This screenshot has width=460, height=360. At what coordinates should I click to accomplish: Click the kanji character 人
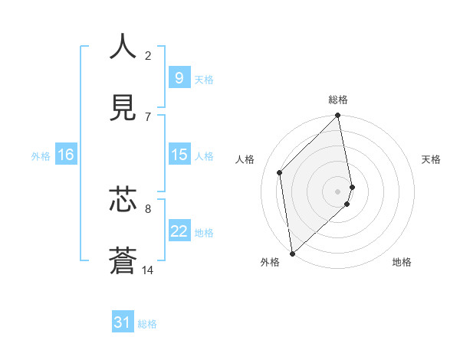coord(123,47)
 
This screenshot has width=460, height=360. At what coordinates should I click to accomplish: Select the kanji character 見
coord(123,108)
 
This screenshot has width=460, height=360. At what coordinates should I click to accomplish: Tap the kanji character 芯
coord(123,199)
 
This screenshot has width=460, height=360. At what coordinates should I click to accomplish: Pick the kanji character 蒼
coord(123,260)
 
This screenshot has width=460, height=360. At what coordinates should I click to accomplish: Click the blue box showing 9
coord(179,77)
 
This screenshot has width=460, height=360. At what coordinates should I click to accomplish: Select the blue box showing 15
coord(179,155)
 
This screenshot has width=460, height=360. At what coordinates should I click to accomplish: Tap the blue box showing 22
coord(179,231)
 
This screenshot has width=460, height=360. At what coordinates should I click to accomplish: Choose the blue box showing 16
coord(66,155)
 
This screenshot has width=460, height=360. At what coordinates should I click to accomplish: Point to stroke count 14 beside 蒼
coord(148,270)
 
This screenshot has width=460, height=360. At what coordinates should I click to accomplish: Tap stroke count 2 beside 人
coord(148,56)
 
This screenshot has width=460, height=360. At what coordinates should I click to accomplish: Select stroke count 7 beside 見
coord(148,116)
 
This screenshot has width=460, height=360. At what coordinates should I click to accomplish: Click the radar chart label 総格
coord(338,100)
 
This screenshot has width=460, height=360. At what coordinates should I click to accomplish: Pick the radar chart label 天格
coord(432,159)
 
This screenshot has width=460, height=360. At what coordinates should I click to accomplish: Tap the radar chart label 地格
coord(402,263)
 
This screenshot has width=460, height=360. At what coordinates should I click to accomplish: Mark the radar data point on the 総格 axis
coord(338,116)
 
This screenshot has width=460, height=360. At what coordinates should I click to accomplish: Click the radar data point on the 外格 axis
coord(292,253)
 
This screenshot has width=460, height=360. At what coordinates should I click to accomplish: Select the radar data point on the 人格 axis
coord(280,172)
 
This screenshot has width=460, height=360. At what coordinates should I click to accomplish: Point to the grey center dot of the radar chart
coord(338,191)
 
